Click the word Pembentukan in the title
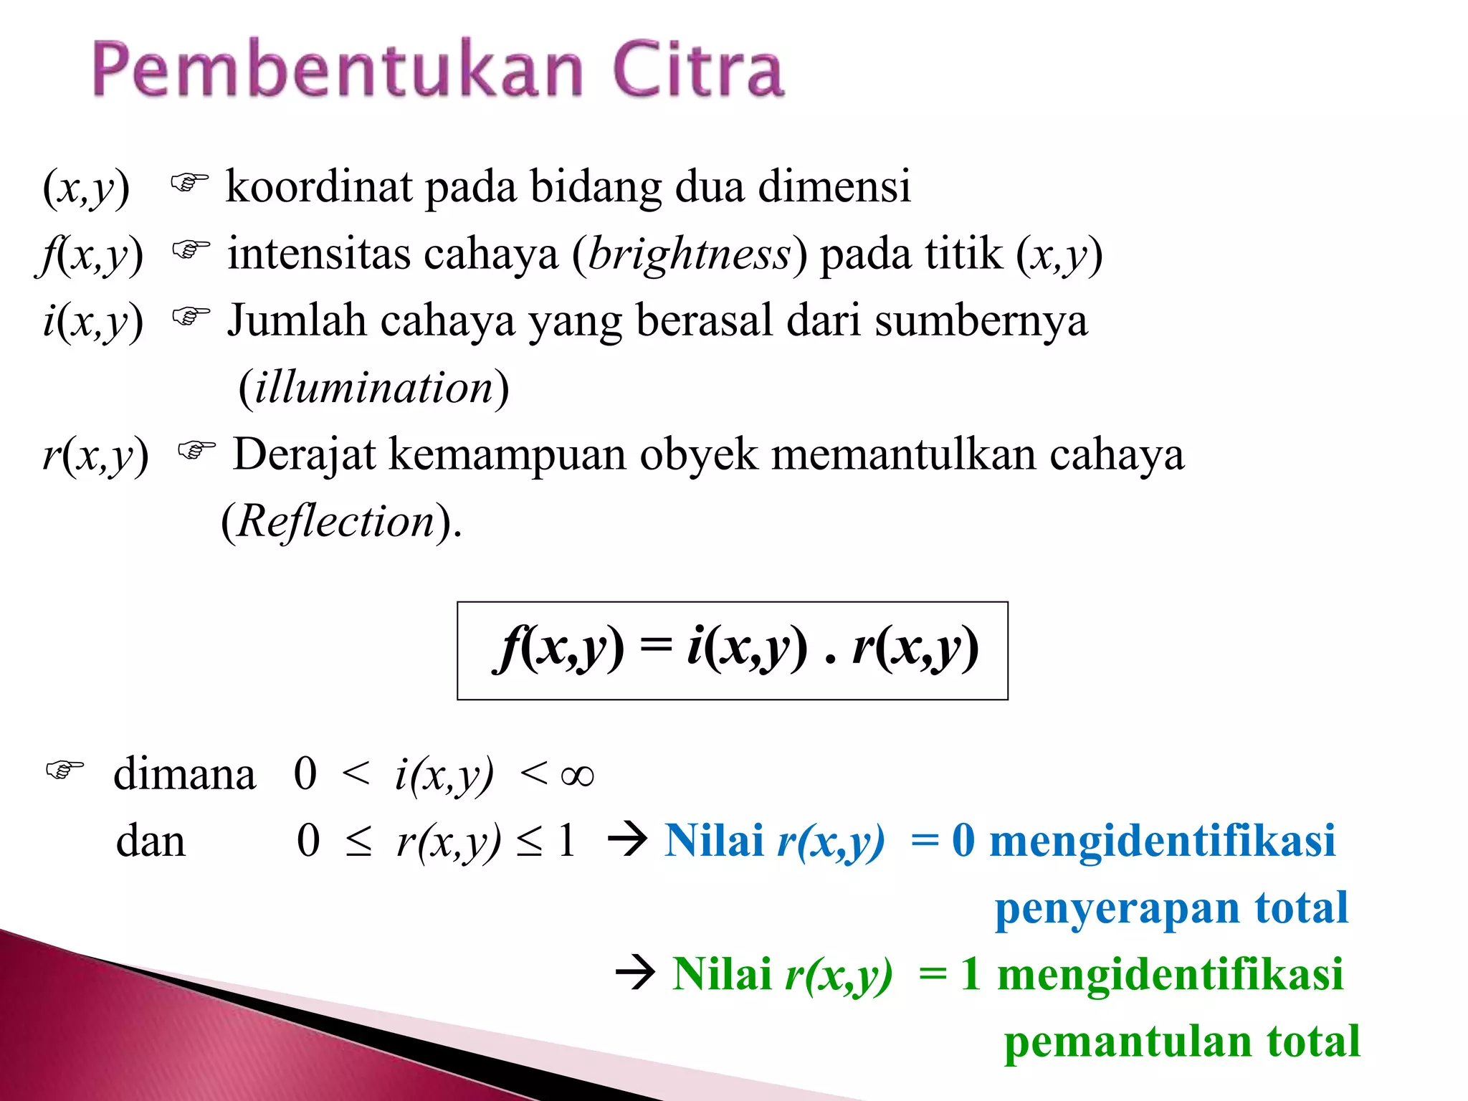[x=337, y=70]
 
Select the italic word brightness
[x=689, y=254]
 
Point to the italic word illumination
[x=374, y=387]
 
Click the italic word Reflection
[x=335, y=520]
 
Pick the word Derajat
[x=304, y=454]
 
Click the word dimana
[x=184, y=774]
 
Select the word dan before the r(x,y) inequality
[x=151, y=841]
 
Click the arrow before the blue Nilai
[x=628, y=839]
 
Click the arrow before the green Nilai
[x=635, y=973]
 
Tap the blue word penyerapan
[x=1117, y=908]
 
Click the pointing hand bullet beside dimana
[x=65, y=771]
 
